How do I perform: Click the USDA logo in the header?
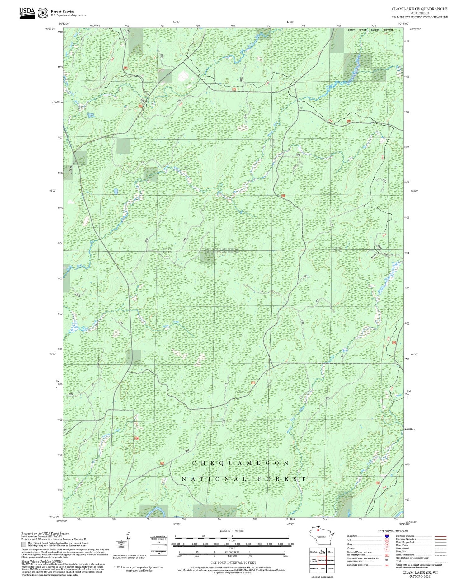[27, 13]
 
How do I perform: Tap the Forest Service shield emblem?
[43, 13]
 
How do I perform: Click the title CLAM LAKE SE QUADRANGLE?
[419, 9]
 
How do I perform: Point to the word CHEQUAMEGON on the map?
[241, 463]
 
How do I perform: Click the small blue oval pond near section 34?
[116, 191]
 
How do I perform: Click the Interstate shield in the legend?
[387, 536]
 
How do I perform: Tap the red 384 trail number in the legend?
[387, 565]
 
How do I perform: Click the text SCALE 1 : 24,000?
[232, 531]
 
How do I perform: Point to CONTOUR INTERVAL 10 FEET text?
[233, 563]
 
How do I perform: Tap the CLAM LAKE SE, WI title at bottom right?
[420, 573]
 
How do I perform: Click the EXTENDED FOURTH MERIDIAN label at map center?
[221, 249]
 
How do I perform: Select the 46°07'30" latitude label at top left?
[50, 29]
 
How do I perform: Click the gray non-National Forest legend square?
[24, 544]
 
